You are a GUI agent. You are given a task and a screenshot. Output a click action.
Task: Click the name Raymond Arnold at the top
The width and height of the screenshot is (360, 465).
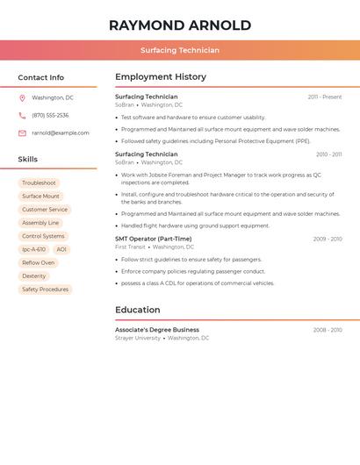(180, 25)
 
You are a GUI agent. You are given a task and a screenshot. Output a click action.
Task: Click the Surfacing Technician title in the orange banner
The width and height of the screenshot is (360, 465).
(180, 50)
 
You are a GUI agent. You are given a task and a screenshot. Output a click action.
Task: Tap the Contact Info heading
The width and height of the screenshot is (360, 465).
(41, 77)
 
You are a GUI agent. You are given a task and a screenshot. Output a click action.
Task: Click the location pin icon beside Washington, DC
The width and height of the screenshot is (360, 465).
(22, 98)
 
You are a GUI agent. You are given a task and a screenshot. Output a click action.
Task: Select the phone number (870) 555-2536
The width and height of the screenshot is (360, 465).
(50, 115)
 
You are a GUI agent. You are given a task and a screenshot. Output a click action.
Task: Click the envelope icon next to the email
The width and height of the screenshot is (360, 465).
(22, 133)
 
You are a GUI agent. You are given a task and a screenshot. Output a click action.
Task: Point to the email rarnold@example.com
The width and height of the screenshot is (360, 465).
(61, 133)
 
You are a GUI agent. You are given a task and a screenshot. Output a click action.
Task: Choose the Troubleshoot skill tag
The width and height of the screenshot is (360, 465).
(39, 183)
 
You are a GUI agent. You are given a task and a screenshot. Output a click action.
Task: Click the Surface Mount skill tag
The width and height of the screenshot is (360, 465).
(41, 197)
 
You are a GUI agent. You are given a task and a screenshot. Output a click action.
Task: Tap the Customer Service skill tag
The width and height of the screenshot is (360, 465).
(45, 210)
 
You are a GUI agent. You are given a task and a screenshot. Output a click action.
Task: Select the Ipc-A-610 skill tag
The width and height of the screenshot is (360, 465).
(34, 249)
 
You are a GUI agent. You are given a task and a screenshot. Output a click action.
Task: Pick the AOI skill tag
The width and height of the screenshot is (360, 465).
(61, 249)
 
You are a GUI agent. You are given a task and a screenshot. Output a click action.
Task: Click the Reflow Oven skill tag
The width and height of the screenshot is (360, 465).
(39, 262)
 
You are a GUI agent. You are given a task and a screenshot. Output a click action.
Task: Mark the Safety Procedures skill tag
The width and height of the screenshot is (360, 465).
(45, 290)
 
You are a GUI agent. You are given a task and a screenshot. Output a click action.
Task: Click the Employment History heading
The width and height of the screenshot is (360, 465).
(161, 77)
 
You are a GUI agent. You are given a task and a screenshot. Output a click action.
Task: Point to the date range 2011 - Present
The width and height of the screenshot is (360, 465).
(325, 97)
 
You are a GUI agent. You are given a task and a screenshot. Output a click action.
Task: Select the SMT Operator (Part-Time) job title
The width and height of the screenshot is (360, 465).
(154, 239)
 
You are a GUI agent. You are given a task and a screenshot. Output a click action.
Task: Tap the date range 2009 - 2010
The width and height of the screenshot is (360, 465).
(328, 239)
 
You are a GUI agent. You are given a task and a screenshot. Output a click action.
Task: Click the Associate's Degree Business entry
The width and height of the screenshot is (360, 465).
(157, 330)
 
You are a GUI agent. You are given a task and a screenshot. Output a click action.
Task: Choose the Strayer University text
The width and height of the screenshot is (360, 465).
(138, 338)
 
